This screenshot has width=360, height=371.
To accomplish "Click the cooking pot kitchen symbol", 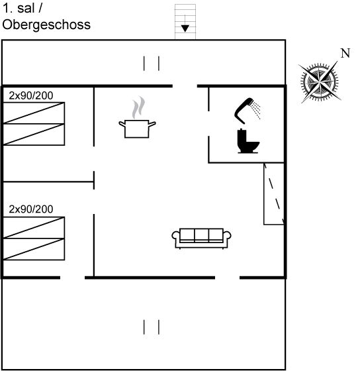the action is pos(137,129).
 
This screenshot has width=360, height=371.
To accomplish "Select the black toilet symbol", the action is pos(247,141).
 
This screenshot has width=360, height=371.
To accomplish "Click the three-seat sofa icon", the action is pos(201,238).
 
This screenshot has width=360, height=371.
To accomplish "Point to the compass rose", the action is pos(320,82).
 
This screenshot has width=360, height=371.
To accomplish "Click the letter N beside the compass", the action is pos(345,53).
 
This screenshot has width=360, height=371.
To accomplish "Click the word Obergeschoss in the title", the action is pos(46,25).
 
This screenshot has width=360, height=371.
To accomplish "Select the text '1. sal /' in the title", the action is pos(22,8).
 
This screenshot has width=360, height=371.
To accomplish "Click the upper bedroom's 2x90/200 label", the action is pos(31,95).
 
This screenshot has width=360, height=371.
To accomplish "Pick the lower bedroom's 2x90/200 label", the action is pos(31,209).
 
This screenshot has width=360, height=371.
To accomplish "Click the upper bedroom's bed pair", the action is pos(34,124).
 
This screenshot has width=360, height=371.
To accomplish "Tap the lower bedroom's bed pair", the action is pos(34,238).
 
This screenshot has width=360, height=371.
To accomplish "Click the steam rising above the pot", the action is pos(138,107).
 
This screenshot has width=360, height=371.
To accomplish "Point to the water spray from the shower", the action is pos(255,109).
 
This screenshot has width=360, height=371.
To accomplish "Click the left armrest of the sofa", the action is pos(175,236).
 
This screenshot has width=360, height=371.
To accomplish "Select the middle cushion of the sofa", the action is pos(201,235).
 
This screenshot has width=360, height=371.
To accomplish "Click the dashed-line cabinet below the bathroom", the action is pos(274,193).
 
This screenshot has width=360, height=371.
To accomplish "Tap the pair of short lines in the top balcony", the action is pos(152,63).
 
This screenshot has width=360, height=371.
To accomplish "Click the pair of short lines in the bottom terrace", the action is pos(152,327).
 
